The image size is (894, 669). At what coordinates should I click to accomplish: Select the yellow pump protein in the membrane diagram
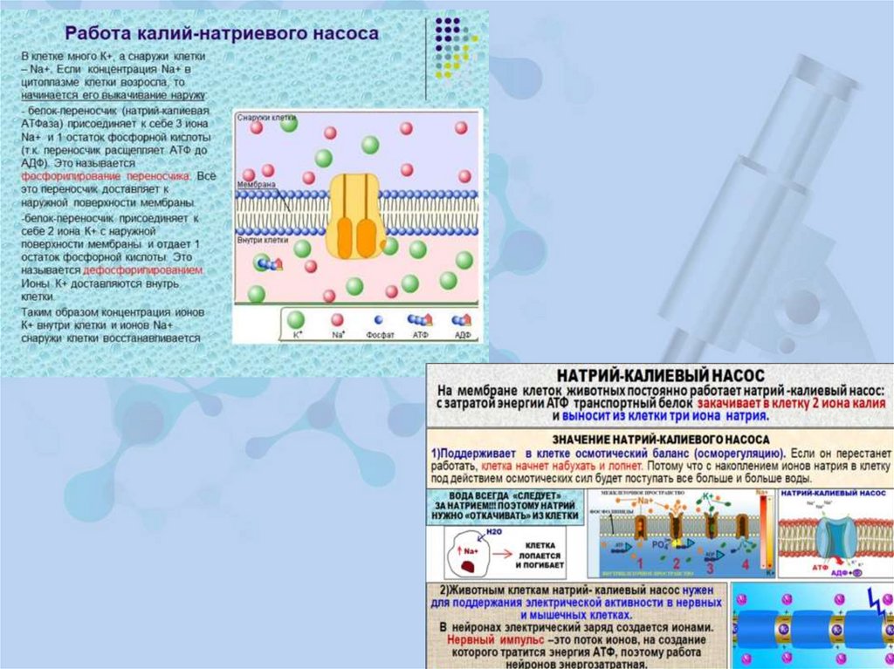click(x=355, y=215)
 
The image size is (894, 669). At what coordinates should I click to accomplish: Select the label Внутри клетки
click(x=263, y=239)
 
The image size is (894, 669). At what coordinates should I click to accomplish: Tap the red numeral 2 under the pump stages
click(x=674, y=563)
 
